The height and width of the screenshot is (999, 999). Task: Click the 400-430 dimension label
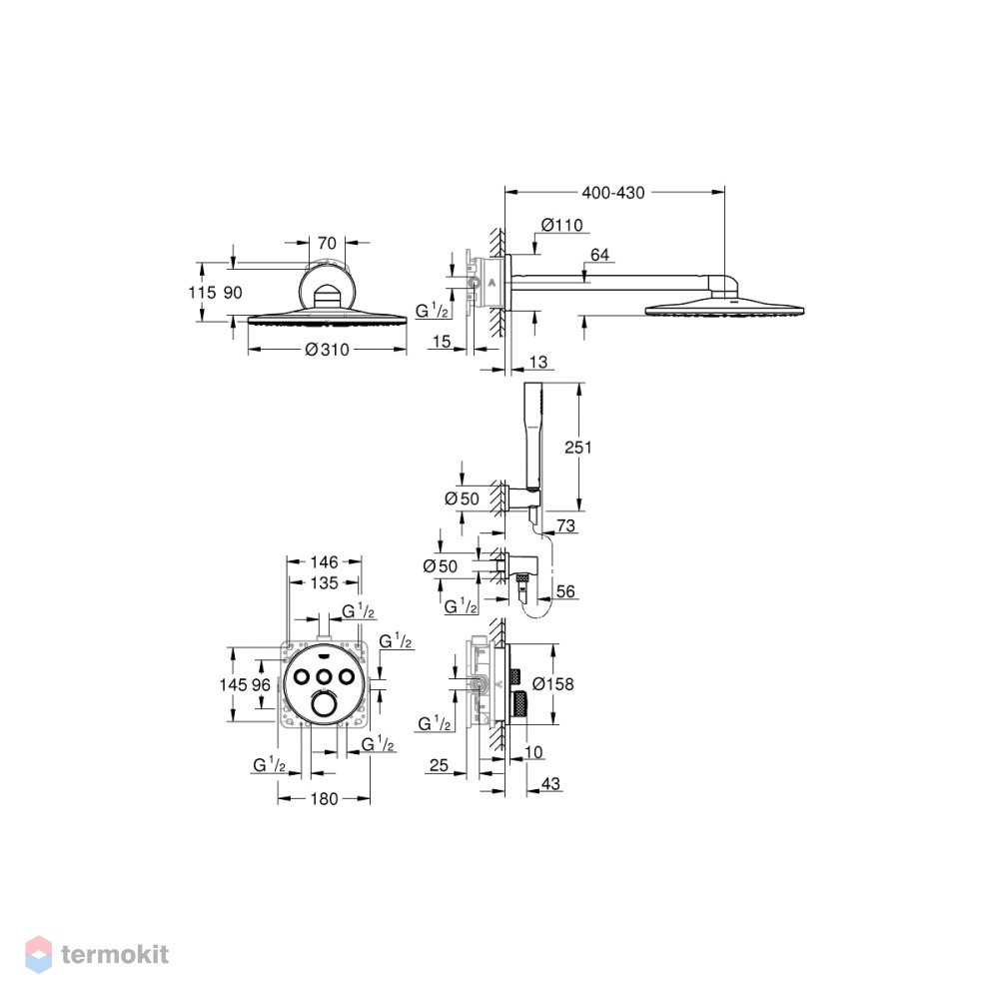coord(613,193)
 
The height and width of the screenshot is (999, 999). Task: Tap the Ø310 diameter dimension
coord(327,349)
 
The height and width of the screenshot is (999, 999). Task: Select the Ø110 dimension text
coord(561,225)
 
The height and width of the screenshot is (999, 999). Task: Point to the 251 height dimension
coord(577,448)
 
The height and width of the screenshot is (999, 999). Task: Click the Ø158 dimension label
coord(553,684)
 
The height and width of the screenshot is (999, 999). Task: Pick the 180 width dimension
coord(325,799)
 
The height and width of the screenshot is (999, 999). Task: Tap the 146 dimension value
coord(325,561)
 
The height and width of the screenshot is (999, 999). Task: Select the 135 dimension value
coord(325,583)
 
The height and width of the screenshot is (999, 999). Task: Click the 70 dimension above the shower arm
coord(327,243)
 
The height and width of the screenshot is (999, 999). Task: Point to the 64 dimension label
coord(600,255)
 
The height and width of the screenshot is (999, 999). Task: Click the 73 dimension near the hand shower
coord(565,525)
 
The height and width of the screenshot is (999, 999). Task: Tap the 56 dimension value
coord(565,591)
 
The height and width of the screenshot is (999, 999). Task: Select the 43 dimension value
coord(550,783)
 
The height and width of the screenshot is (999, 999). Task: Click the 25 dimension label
coord(439,764)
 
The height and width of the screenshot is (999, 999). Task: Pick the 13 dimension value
coord(538,362)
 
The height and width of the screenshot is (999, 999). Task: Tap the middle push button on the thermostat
coord(325,675)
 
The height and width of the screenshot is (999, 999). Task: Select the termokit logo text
coord(115,954)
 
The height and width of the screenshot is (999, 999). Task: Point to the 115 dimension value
coord(202,293)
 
